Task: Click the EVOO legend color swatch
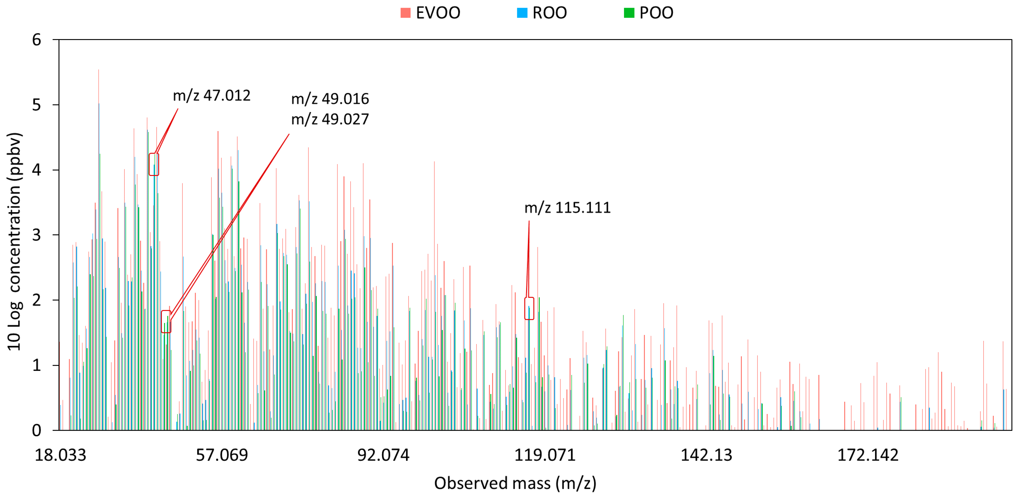405,13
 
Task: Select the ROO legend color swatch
522,13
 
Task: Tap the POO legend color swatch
629,13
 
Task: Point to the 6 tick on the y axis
37,40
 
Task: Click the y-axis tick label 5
37,105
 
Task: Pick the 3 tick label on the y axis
37,235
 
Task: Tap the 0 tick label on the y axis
37,430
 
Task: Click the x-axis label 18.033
60,455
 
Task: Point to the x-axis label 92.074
383,455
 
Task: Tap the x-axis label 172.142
868,455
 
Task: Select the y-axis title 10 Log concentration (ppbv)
14,242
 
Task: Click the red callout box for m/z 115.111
529,309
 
